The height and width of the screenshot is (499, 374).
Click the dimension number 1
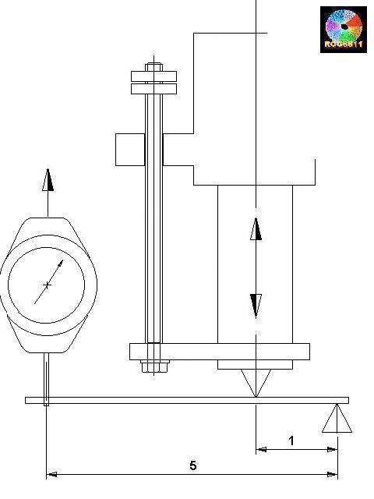point(291,441)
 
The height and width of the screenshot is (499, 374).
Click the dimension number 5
point(192,465)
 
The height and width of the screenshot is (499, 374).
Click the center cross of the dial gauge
point(48,285)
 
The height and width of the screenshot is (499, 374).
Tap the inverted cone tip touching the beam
point(256,383)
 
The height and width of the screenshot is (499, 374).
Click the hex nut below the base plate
point(153,365)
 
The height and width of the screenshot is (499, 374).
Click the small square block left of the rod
point(129,149)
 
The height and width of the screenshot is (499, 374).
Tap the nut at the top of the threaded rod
point(154,68)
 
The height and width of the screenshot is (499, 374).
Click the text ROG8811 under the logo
point(344,47)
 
